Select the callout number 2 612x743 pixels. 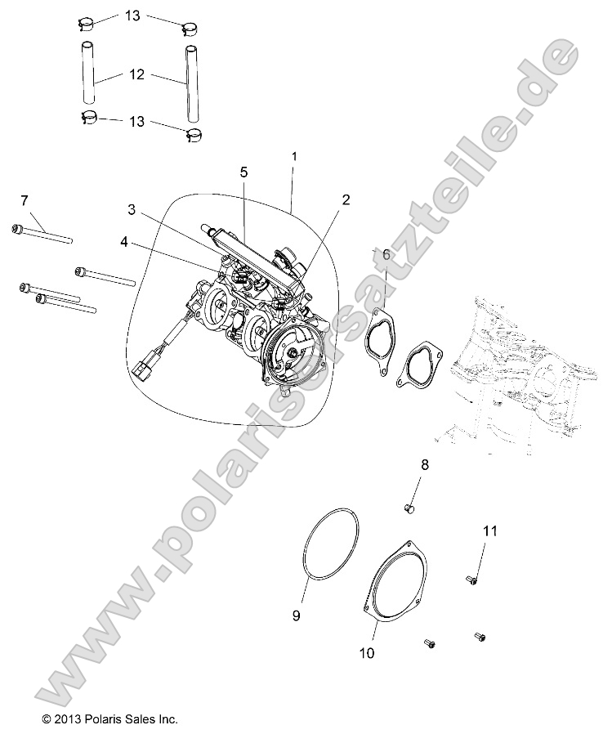(346, 199)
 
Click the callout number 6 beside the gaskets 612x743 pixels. (386, 254)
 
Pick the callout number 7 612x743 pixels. (24, 200)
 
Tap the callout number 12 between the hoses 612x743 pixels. (136, 74)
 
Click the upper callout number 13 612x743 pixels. (132, 16)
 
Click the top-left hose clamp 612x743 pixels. (87, 23)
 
